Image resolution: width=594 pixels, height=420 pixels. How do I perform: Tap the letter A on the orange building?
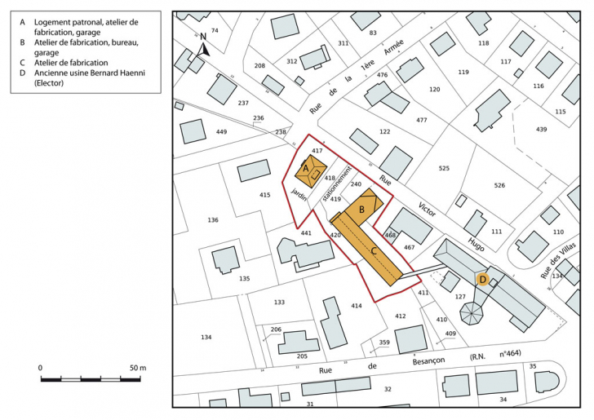[305, 168]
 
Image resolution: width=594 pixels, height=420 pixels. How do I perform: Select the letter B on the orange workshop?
[361, 209]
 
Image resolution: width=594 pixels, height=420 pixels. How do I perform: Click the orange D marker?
[482, 280]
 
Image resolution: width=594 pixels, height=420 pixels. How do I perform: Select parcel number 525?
[444, 169]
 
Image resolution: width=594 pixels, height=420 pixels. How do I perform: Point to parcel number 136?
[213, 220]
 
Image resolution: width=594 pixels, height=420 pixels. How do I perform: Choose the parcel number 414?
[356, 306]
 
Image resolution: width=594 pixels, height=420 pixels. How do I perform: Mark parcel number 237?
[243, 104]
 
